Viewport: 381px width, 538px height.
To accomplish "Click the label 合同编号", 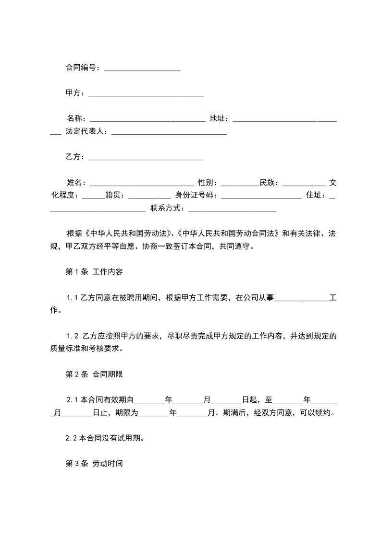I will (82, 68).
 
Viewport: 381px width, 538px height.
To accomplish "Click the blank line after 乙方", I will (146, 157).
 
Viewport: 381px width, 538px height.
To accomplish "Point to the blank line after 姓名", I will (142, 183).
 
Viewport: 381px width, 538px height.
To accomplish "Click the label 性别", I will (207, 183).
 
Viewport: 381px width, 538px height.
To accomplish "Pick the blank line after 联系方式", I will (233, 208).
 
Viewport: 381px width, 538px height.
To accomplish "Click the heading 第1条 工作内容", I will (94, 272).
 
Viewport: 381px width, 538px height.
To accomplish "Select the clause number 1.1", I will (73, 298).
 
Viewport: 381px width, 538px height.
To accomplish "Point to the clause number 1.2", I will (73, 336).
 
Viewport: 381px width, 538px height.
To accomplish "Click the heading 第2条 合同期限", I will (94, 374).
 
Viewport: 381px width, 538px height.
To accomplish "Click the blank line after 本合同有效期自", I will (152, 400).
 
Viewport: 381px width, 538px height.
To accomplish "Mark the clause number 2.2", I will (72, 438).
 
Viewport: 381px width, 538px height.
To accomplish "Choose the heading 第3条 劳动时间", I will (94, 464).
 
